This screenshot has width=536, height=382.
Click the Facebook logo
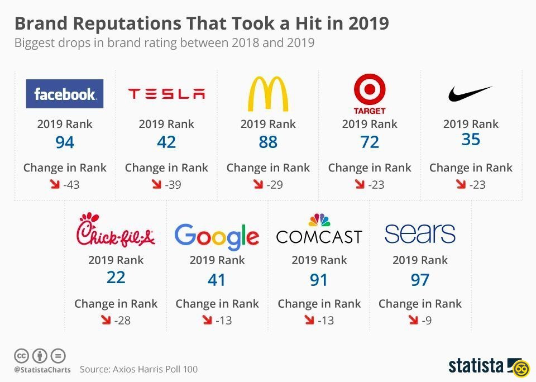click(65, 94)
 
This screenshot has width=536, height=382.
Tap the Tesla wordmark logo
click(166, 94)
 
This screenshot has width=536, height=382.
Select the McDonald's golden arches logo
click(268, 93)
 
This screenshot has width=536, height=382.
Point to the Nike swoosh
click(470, 94)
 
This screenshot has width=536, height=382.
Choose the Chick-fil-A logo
click(116, 230)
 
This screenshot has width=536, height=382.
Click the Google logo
click(217, 236)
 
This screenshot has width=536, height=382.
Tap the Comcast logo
click(319, 230)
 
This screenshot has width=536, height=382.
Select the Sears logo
click(420, 233)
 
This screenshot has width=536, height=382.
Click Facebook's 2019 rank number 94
click(65, 143)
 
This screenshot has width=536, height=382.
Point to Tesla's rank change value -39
click(173, 185)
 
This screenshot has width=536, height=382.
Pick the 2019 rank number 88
click(268, 143)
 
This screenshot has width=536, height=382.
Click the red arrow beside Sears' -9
click(413, 320)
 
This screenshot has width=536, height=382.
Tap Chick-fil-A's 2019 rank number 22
click(116, 278)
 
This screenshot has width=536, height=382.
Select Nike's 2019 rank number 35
click(471, 140)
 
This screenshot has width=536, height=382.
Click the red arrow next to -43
click(55, 184)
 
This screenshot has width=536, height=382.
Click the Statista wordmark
click(476, 366)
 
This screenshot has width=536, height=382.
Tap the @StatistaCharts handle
click(42, 370)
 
